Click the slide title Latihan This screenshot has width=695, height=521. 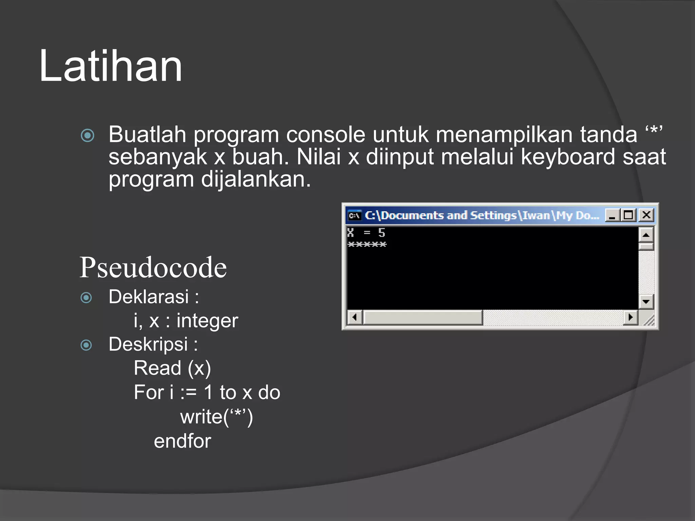111,66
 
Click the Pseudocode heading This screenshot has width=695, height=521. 153,268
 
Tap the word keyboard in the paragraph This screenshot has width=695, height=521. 567,157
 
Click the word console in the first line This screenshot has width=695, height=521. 325,135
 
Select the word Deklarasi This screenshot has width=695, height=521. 149,297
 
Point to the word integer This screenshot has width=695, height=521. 207,321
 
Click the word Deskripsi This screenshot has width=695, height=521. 148,345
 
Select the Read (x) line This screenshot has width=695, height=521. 172,368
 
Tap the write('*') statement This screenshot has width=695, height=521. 217,417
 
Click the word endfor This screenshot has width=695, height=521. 183,441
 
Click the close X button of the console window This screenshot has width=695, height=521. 646,215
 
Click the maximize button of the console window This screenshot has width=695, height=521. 628,215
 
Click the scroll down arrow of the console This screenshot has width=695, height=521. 646,301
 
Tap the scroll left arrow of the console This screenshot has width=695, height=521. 355,317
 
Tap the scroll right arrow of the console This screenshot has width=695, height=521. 631,317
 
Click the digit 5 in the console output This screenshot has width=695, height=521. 382,233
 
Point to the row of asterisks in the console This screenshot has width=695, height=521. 367,245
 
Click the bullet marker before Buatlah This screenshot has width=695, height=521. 88,136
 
